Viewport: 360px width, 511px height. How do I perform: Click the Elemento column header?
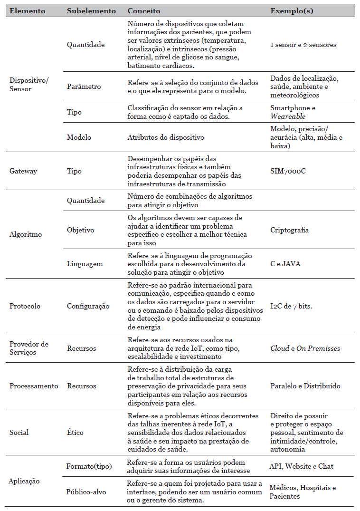click(x=28, y=10)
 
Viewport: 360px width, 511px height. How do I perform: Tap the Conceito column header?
click(x=144, y=10)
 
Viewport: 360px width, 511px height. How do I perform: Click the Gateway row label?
click(x=23, y=171)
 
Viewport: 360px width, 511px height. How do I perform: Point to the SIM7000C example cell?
click(x=288, y=171)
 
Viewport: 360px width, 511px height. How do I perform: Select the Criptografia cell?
click(x=289, y=230)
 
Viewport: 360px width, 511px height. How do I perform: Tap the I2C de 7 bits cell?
click(x=291, y=306)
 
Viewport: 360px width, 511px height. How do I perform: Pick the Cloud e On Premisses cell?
click(x=305, y=348)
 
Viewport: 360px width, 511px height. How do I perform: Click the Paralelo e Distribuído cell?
click(x=305, y=386)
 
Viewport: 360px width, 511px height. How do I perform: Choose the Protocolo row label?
click(x=25, y=306)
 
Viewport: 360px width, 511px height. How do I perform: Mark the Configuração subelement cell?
click(x=88, y=306)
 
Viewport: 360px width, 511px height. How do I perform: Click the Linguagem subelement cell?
click(x=85, y=263)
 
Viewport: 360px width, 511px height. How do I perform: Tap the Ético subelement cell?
click(x=75, y=433)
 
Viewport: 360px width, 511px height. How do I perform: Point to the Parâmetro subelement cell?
click(x=84, y=87)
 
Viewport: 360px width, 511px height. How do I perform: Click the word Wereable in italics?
click(x=288, y=116)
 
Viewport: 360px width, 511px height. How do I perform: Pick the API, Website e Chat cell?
click(x=301, y=466)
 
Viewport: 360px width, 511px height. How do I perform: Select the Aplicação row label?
click(x=25, y=481)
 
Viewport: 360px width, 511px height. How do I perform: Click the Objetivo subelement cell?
click(x=81, y=230)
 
